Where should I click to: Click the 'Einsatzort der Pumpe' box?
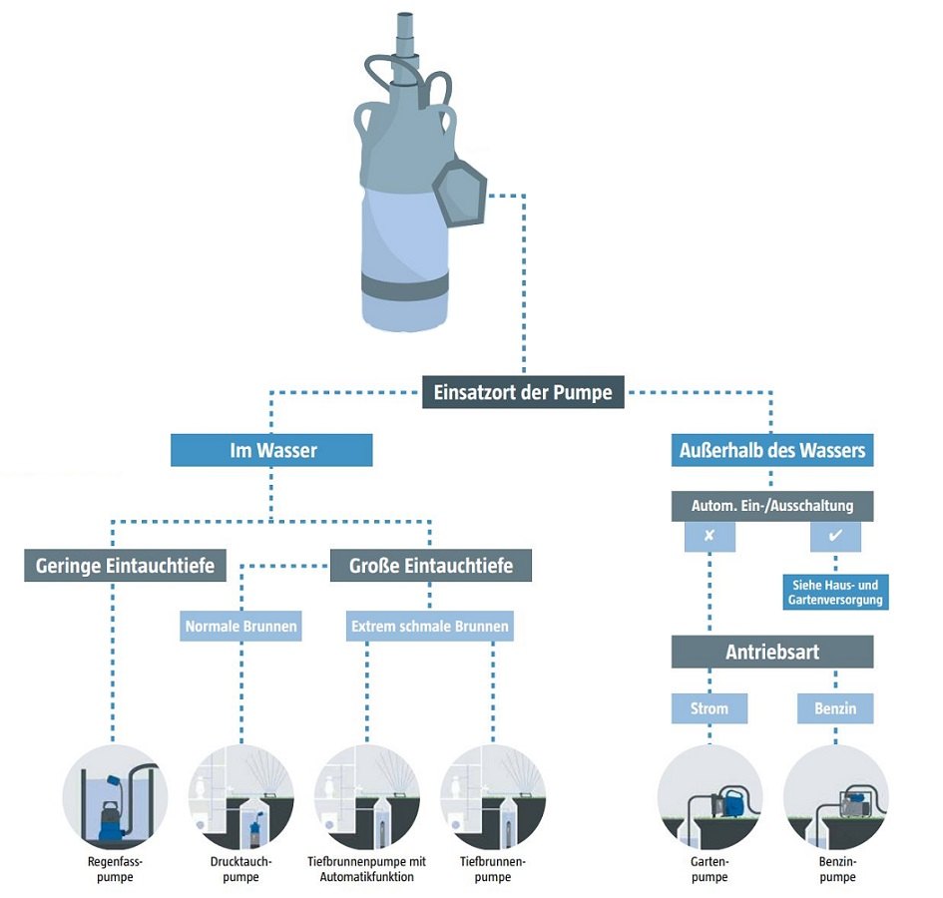point(523,392)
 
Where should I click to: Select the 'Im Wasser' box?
point(271,450)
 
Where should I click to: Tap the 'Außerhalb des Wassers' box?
point(771,450)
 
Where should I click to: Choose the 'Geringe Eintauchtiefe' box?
point(125,566)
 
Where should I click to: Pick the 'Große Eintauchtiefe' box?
point(431,566)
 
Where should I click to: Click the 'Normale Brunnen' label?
point(241,627)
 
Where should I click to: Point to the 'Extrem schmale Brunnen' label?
point(430,627)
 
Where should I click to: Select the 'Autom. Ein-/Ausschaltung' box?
point(772,505)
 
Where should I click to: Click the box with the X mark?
point(709,536)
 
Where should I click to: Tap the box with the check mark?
point(835,536)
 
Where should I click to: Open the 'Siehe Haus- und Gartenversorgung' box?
point(835,591)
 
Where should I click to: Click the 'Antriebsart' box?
point(772,652)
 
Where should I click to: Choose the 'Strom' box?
point(709,708)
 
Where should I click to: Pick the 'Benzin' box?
point(835,708)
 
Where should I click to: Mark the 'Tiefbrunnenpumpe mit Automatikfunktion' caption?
point(366,869)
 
